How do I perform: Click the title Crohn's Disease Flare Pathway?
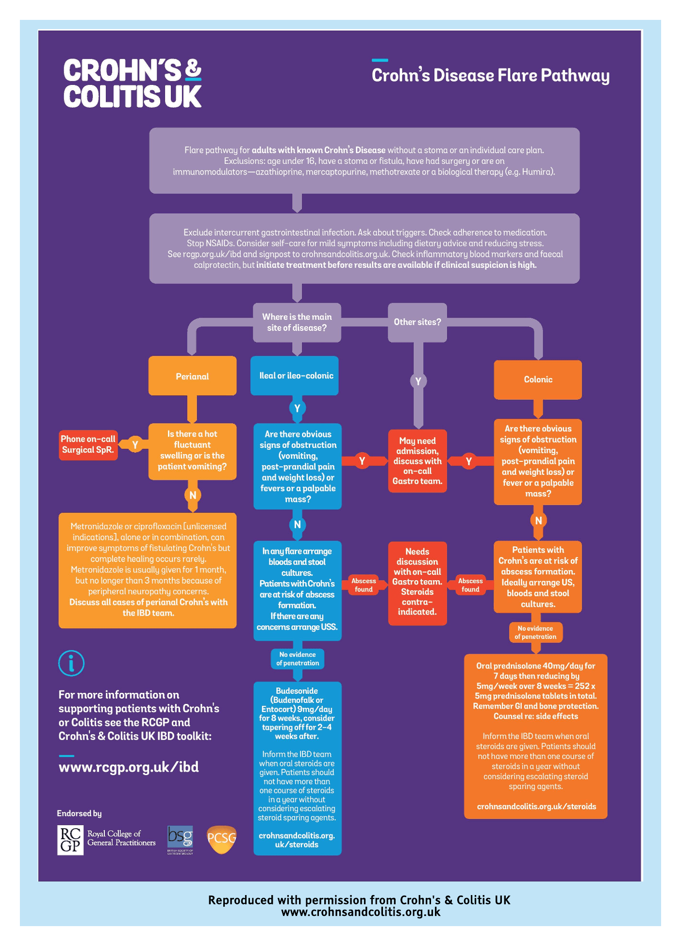(490, 76)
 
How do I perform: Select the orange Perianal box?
(192, 376)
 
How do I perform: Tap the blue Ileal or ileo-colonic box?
(296, 375)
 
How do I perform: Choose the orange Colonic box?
(537, 379)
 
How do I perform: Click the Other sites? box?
(417, 322)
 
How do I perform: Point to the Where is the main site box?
(297, 322)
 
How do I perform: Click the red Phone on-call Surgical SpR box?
(88, 444)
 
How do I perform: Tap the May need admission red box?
(417, 461)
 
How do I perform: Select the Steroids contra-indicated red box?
(417, 583)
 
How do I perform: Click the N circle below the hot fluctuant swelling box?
(193, 495)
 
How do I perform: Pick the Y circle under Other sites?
(418, 381)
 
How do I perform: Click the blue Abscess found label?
(364, 585)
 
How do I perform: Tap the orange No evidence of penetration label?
(535, 632)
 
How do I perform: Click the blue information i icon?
(71, 663)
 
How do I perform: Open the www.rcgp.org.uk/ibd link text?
(129, 767)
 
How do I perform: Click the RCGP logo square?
(70, 840)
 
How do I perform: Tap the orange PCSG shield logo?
(221, 839)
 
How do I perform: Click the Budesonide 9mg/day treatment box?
(297, 767)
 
